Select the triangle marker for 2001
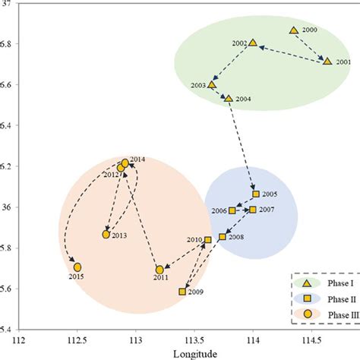pyautogui.click(x=327, y=61)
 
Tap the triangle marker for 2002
pyautogui.click(x=254, y=43)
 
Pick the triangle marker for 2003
pyautogui.click(x=212, y=84)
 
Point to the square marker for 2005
pyautogui.click(x=256, y=194)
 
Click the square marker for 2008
pyautogui.click(x=222, y=237)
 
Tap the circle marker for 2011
pyautogui.click(x=159, y=270)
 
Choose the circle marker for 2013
pyautogui.click(x=106, y=235)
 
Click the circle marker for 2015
pyautogui.click(x=77, y=267)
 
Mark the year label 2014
pyautogui.click(x=137, y=159)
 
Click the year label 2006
pyautogui.click(x=219, y=210)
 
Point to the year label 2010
pyautogui.click(x=194, y=240)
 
